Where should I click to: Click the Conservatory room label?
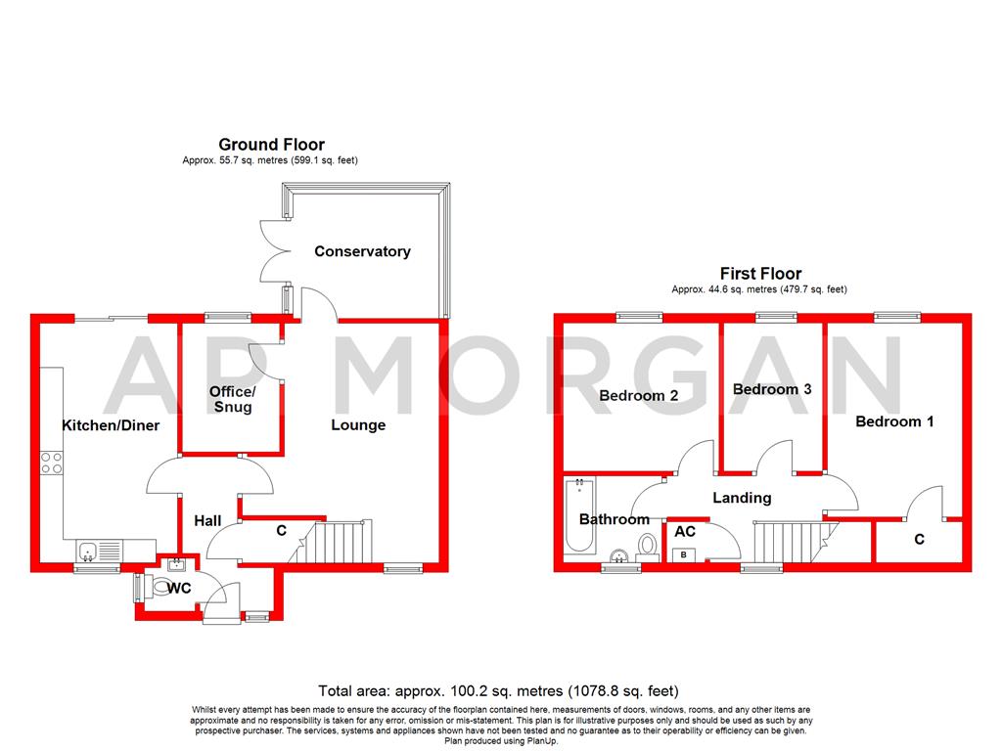pos(362,251)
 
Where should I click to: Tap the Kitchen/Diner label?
pos(111,425)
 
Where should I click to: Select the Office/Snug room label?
pos(231,399)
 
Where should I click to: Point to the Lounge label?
pos(358,425)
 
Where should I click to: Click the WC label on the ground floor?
pos(179,589)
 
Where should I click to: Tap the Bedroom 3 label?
pos(772,389)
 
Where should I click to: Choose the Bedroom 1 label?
pos(894,421)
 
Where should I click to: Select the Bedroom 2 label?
pos(638,396)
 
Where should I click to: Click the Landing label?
pos(742,498)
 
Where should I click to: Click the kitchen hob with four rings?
pos(51,462)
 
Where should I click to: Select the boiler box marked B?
pos(682,555)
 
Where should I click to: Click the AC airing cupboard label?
pos(685,531)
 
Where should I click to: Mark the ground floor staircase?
pos(342,543)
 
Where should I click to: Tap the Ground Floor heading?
pos(271,145)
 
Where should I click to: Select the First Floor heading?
pos(760,274)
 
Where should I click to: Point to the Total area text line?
pos(498,690)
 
